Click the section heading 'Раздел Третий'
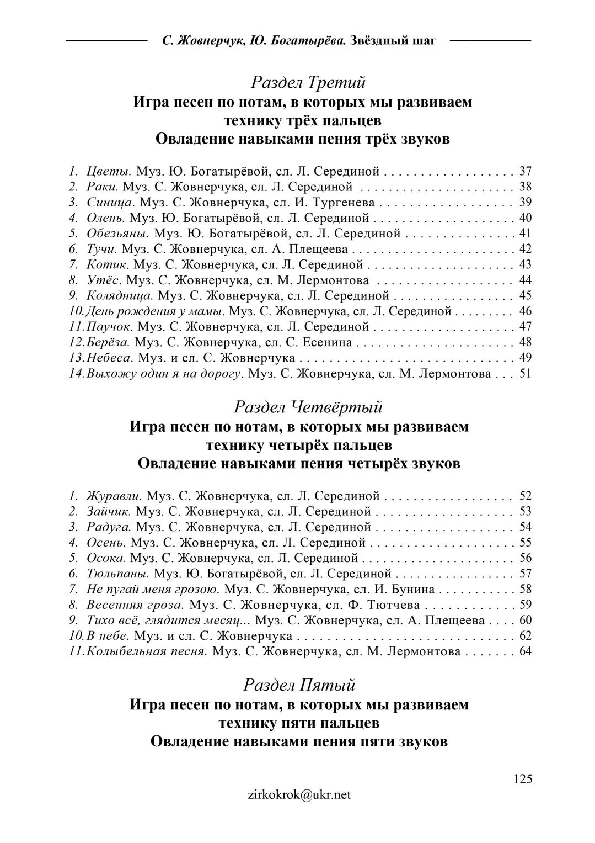pyautogui.click(x=308, y=83)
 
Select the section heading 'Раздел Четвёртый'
pyautogui.click(x=308, y=407)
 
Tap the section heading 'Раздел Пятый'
pyautogui.click(x=299, y=685)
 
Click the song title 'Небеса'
pyautogui.click(x=109, y=358)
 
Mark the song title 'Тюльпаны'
pyautogui.click(x=117, y=573)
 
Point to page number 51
pyautogui.click(x=525, y=373)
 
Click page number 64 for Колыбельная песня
pyautogui.click(x=525, y=651)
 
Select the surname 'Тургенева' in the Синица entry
pyautogui.click(x=345, y=202)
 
